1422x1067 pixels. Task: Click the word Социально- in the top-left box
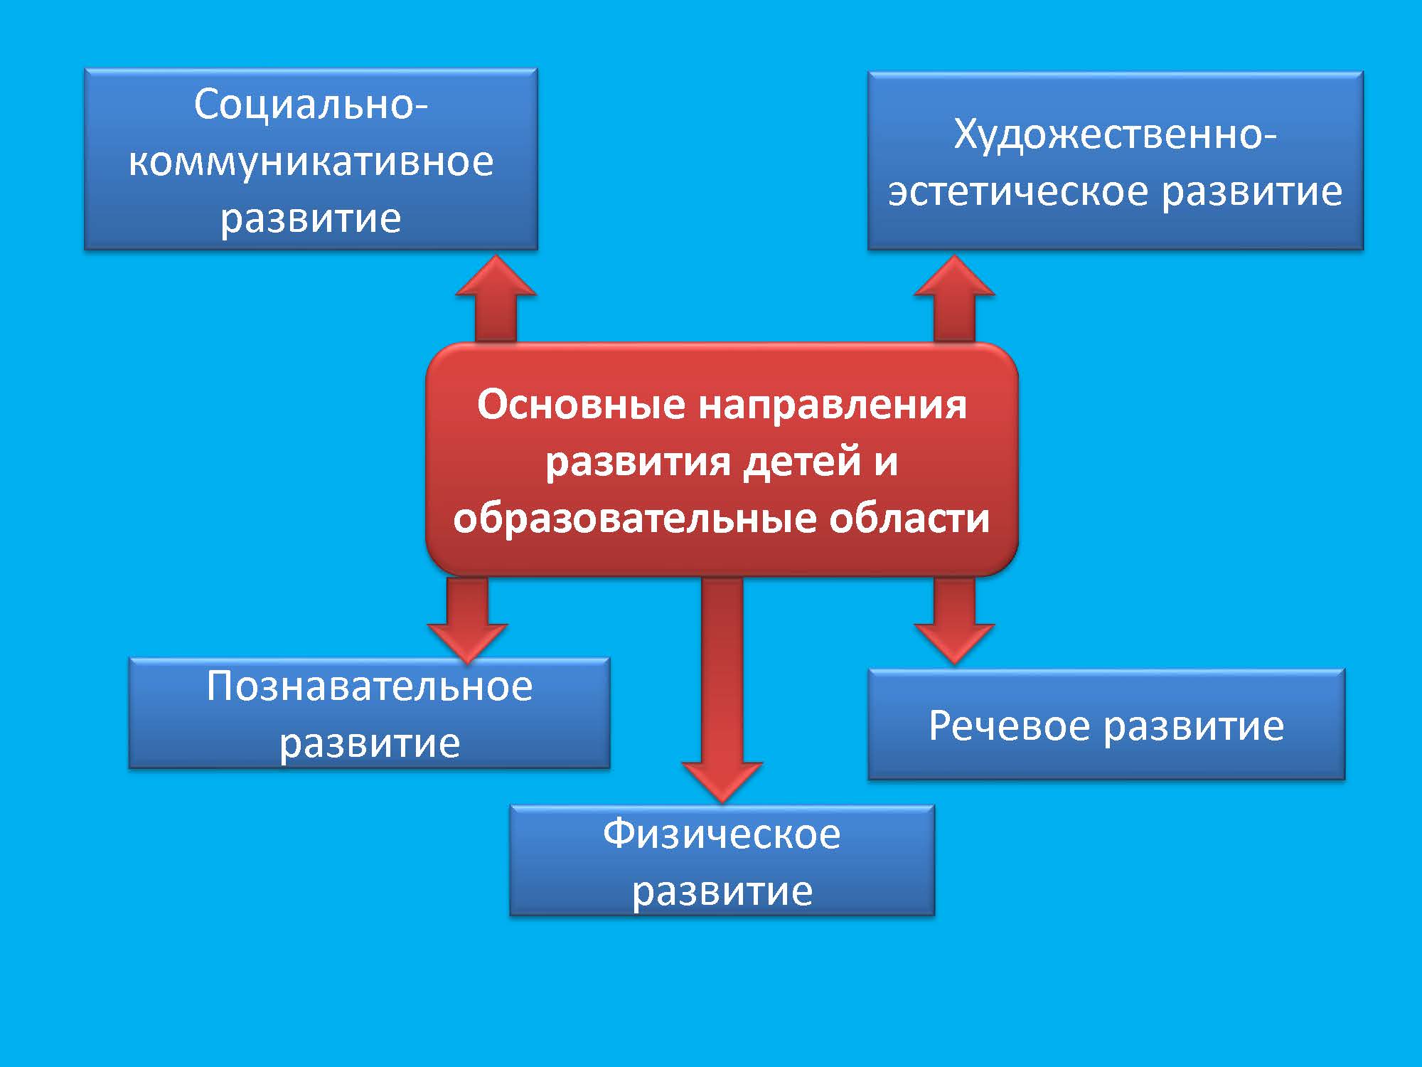pos(311,105)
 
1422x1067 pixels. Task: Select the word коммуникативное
pos(311,161)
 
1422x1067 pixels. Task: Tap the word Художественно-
pos(1115,135)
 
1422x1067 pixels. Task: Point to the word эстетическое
pos(1018,191)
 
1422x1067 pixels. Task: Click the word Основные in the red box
pos(582,405)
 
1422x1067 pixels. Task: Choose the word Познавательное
pos(370,686)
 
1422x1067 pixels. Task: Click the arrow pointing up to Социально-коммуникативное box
pos(496,299)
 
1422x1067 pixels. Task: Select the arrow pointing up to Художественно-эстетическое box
pos(954,299)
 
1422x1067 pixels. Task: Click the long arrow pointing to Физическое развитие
pos(722,690)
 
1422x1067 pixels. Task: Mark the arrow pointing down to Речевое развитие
pos(954,620)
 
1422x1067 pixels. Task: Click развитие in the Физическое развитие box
pos(722,892)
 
